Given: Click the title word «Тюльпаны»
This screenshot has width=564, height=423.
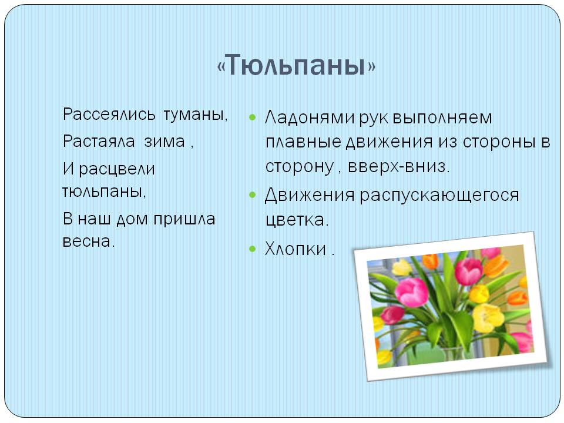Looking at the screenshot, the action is [x=296, y=65].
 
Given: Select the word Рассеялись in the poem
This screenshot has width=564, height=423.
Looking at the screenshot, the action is [x=109, y=115].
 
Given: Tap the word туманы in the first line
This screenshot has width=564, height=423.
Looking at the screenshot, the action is [x=196, y=115].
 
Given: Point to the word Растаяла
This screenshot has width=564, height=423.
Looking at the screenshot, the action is [x=99, y=141].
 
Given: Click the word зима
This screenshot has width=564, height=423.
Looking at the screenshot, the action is [x=164, y=142].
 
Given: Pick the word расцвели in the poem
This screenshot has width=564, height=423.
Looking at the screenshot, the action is [x=117, y=169].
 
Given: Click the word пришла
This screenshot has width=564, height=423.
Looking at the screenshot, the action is [x=184, y=219].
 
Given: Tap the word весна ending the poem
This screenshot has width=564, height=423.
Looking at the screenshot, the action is [x=89, y=241].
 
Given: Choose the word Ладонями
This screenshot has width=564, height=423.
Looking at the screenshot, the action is [x=310, y=118].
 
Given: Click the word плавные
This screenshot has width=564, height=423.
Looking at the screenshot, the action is [x=303, y=142].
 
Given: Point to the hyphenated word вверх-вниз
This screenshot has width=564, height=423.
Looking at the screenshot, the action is [x=399, y=166].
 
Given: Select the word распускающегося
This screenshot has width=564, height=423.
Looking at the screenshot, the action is [x=439, y=196].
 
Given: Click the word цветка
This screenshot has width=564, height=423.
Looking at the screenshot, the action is [x=297, y=220].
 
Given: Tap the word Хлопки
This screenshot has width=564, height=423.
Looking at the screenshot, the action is [x=296, y=249].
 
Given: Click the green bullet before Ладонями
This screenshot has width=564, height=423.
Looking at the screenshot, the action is [x=252, y=117].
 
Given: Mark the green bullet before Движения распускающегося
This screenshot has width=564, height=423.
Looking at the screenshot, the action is [x=252, y=195].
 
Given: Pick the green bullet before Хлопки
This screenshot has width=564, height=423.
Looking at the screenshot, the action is [x=252, y=249].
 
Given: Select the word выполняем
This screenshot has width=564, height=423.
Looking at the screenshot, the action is [x=442, y=118].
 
